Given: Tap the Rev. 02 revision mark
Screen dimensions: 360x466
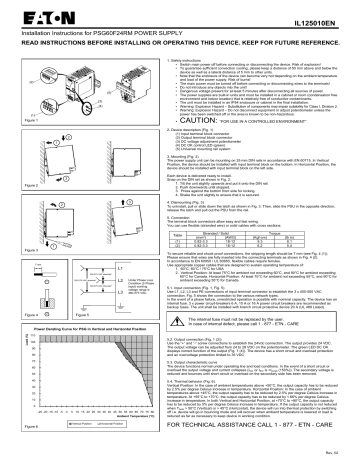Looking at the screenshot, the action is coord(342,460).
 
